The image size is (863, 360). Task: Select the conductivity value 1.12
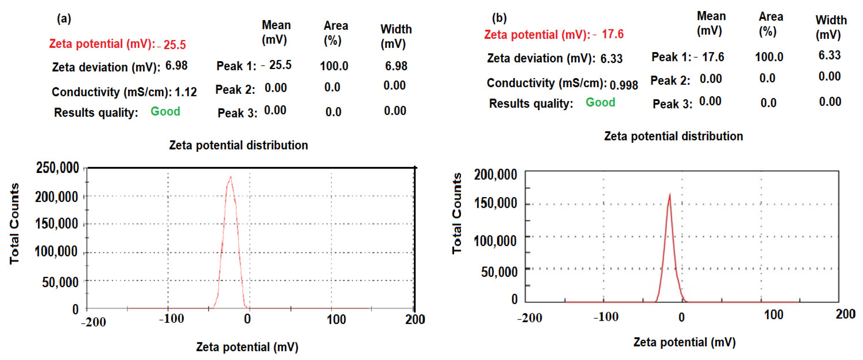pyautogui.click(x=186, y=92)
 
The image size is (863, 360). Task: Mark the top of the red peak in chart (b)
pyautogui.click(x=670, y=194)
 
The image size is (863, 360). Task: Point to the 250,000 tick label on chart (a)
pyautogui.click(x=58, y=167)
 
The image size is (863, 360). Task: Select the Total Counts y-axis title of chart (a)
pyautogui.click(x=14, y=224)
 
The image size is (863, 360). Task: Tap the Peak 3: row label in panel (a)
pyautogui.click(x=237, y=113)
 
